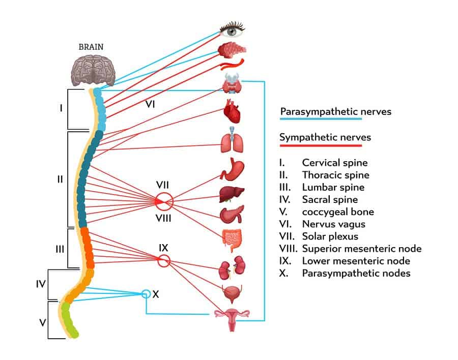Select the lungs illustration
pyautogui.click(x=232, y=142)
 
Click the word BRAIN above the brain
pyautogui.click(x=91, y=47)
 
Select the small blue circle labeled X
pyautogui.click(x=146, y=294)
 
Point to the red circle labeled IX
pyautogui.click(x=163, y=261)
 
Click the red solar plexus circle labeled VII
pyautogui.click(x=164, y=201)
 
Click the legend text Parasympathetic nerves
pyautogui.click(x=336, y=111)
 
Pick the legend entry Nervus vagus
pyautogui.click(x=333, y=224)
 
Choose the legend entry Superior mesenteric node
pyautogui.click(x=361, y=249)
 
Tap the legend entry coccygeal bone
pyautogui.click(x=338, y=212)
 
